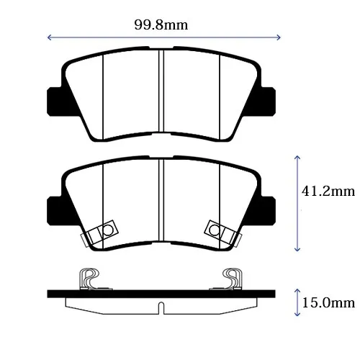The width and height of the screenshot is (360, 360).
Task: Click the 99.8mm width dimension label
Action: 161,25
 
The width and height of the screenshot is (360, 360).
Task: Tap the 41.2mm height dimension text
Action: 328,192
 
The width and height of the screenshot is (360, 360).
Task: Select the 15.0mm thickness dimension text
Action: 328,303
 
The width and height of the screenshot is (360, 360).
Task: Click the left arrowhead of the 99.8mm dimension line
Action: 50,37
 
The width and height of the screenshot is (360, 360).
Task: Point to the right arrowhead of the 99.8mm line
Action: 279,37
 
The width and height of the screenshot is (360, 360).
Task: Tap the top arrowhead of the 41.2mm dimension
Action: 297,158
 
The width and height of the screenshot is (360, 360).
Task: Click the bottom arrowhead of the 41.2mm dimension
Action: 297,249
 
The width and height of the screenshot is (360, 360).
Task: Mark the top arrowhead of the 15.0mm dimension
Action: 297,291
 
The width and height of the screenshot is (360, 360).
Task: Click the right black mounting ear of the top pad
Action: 266,102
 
